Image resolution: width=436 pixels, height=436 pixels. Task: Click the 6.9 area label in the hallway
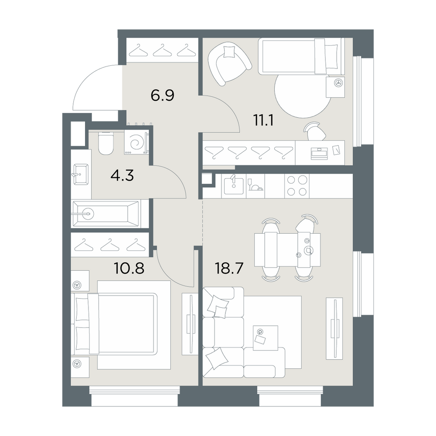pyautogui.click(x=162, y=95)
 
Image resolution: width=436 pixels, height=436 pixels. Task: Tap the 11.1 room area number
pyautogui.click(x=263, y=120)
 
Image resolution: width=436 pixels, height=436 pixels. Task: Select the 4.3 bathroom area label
pyautogui.click(x=122, y=176)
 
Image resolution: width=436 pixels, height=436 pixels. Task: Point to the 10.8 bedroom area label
pyautogui.click(x=129, y=268)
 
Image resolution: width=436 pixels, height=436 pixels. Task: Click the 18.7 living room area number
pyautogui.click(x=229, y=268)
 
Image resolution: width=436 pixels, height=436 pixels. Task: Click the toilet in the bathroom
pyautogui.click(x=106, y=143)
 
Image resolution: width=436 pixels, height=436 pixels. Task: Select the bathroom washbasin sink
pyautogui.click(x=81, y=174)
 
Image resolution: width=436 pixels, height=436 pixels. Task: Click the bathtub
pyautogui.click(x=106, y=214)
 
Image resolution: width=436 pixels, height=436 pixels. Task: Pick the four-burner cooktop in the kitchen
pyautogui.click(x=296, y=186)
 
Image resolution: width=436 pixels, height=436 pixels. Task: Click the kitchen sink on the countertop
pyautogui.click(x=234, y=185)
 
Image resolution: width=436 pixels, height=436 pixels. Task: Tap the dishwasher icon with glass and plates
pyautogui.click(x=255, y=186)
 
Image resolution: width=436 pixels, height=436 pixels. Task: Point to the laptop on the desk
pyautogui.click(x=320, y=153)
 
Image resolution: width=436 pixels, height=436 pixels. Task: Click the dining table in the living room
pyautogui.click(x=287, y=250)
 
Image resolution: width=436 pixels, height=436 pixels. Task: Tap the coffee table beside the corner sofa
pyautogui.click(x=265, y=337)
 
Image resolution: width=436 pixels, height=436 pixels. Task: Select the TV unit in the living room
pyautogui.click(x=334, y=328)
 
